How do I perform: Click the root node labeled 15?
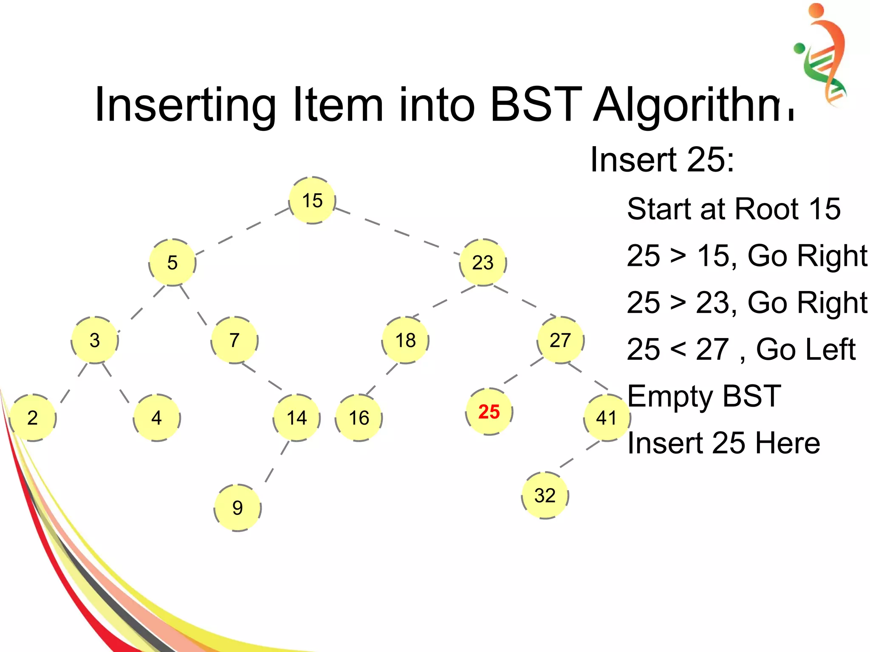[312, 200]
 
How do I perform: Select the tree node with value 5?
[172, 262]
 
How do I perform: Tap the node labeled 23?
[483, 262]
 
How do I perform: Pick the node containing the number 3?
[95, 340]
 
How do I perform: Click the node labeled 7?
[234, 340]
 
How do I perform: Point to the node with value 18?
[405, 340]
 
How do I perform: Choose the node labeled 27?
[560, 340]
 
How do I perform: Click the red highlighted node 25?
[489, 412]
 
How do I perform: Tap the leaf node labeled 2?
[33, 418]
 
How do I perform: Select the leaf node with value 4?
[157, 418]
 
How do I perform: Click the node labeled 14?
[297, 418]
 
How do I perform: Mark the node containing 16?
[359, 418]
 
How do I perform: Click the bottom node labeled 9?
[237, 508]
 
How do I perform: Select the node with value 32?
[545, 495]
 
